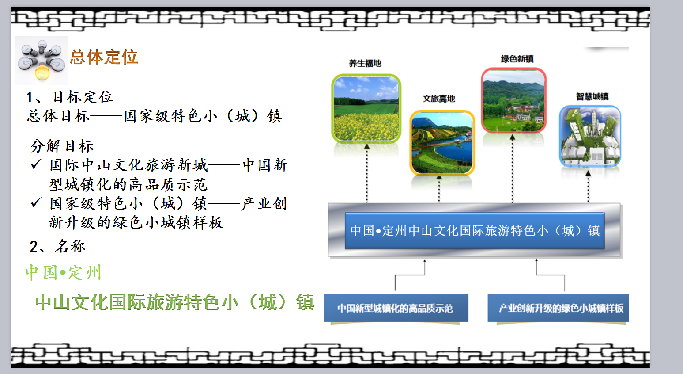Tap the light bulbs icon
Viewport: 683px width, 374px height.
coord(42,61)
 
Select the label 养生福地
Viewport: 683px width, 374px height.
coord(365,63)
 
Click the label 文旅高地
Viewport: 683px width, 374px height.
coord(439,99)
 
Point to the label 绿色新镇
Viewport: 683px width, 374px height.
coord(517,59)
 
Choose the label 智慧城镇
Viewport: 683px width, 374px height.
coord(592,96)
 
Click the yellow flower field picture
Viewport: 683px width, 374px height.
coord(366,108)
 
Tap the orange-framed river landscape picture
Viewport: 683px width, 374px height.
coord(442,143)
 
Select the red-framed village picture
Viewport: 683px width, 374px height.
coord(514,100)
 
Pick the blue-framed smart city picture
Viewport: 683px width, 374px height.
coord(590,136)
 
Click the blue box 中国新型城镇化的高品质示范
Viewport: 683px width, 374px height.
coord(396,308)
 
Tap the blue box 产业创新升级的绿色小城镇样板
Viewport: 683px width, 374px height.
coord(558,308)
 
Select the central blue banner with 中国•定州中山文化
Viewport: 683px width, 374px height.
coord(475,230)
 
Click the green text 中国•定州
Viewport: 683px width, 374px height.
coord(63,272)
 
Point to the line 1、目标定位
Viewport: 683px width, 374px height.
coord(70,97)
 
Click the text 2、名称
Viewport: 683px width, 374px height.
coord(57,246)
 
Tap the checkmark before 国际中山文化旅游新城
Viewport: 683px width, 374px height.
coord(36,164)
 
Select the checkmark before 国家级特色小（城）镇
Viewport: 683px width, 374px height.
coord(36,202)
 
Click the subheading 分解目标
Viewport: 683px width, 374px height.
coord(62,145)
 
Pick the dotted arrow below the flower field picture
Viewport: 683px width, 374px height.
coord(367,173)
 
